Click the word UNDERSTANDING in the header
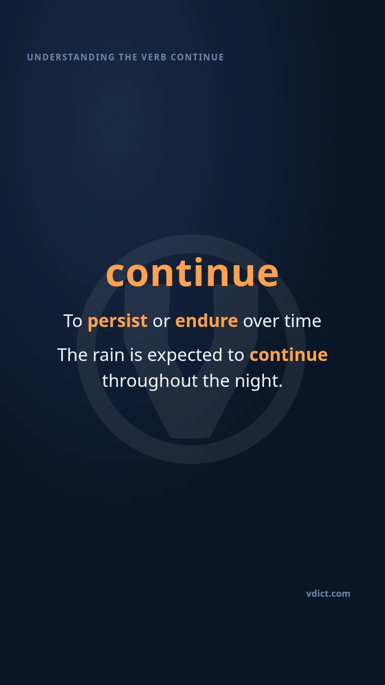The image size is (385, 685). [70, 57]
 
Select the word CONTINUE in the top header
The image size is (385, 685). [197, 57]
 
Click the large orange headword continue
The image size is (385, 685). [192, 272]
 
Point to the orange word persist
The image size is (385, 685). [118, 321]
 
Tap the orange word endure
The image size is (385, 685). [207, 320]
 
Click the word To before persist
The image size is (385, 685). [73, 321]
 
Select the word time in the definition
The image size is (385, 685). [302, 321]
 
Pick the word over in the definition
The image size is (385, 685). [261, 321]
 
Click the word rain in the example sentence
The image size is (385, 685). [108, 355]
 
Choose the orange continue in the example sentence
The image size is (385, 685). [288, 355]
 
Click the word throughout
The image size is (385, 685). [150, 381]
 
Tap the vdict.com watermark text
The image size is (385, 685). [328, 594]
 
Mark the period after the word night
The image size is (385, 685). [281, 386]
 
